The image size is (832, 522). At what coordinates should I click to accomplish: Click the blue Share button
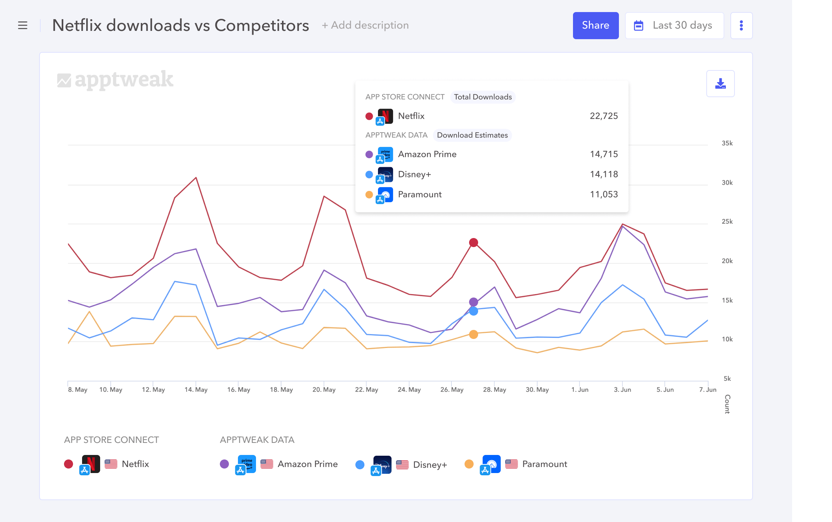click(x=596, y=25)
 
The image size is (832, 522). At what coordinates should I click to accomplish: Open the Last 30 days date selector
click(x=674, y=25)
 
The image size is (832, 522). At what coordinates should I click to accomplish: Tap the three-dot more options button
click(x=741, y=25)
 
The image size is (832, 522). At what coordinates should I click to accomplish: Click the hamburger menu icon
click(x=23, y=25)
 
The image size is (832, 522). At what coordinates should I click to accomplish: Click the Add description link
click(x=365, y=25)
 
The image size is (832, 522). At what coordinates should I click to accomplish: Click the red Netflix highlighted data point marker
click(x=473, y=243)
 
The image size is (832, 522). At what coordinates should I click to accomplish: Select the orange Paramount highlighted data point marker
click(x=473, y=334)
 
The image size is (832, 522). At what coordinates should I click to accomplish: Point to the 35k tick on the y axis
click(x=727, y=143)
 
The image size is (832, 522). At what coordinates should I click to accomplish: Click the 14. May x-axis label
click(x=196, y=389)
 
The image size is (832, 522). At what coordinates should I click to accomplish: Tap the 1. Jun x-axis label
click(x=579, y=389)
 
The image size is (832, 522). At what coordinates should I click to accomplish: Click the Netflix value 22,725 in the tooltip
click(x=603, y=116)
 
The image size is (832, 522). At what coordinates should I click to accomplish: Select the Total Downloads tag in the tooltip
click(x=483, y=97)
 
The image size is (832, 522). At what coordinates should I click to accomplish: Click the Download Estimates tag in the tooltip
click(x=472, y=135)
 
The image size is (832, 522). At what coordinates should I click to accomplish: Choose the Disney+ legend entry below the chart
click(x=430, y=464)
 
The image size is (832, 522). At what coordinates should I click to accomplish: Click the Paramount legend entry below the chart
click(x=544, y=464)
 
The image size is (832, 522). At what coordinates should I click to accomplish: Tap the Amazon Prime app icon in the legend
click(x=247, y=464)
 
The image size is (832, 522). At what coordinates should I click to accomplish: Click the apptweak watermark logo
click(x=115, y=79)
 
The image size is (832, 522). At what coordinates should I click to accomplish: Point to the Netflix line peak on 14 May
click(x=196, y=177)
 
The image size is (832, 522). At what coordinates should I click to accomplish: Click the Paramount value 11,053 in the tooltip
click(x=603, y=194)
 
